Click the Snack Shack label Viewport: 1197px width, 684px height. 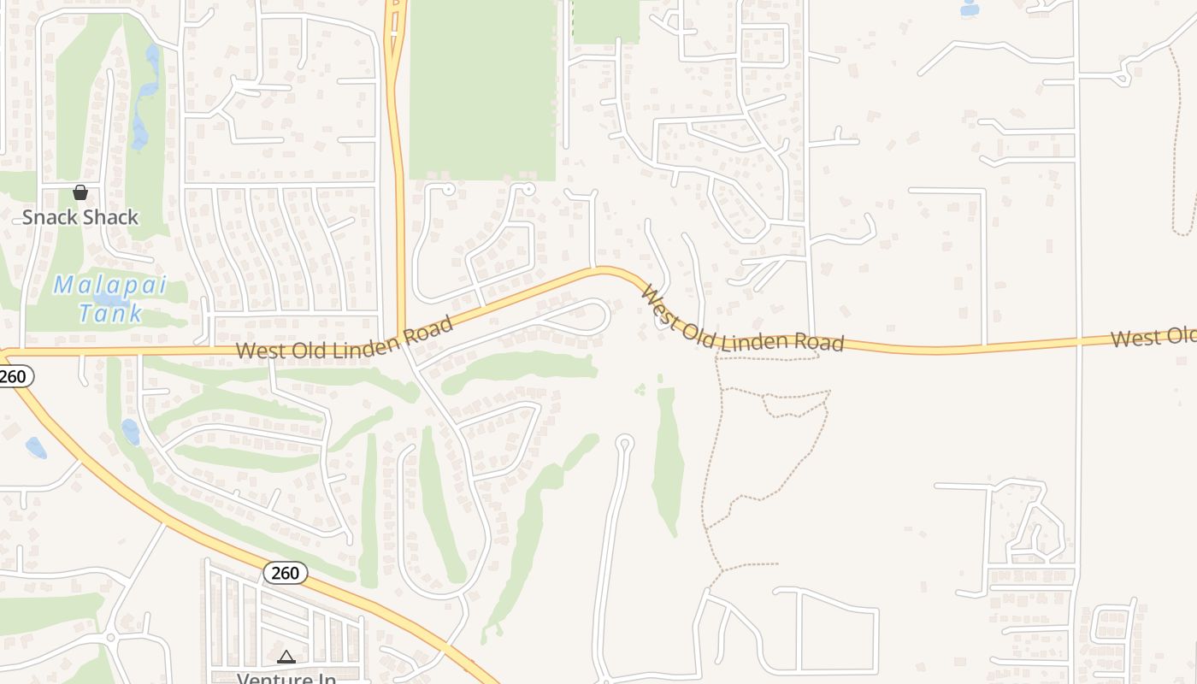point(80,217)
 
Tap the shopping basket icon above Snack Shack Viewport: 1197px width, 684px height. point(80,192)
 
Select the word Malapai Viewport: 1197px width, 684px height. point(109,286)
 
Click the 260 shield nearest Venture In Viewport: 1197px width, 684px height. point(284,573)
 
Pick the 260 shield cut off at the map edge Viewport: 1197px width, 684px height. point(15,376)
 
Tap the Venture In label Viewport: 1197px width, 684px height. point(286,678)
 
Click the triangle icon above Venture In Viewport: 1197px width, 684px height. point(286,657)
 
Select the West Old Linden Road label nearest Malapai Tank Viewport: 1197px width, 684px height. point(344,338)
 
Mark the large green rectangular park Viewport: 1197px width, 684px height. point(481,90)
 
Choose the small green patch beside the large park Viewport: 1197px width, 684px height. point(605,21)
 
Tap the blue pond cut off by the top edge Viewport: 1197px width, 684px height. point(969,9)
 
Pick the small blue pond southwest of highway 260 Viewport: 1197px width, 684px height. point(36,447)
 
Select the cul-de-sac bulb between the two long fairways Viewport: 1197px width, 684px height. point(625,443)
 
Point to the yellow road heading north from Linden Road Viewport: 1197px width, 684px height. point(397,171)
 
